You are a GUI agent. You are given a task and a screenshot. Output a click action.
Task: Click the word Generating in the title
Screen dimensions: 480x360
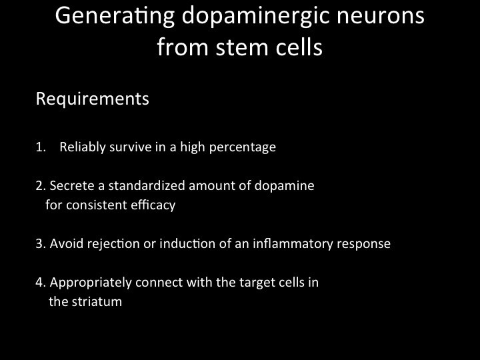(115, 17)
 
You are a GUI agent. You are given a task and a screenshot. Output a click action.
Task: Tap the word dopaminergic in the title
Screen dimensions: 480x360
(255, 17)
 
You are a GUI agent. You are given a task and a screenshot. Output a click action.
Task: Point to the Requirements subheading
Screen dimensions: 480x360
(93, 99)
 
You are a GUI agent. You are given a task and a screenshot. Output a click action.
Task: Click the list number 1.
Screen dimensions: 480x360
(41, 147)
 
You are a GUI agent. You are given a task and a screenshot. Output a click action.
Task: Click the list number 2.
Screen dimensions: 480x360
(41, 186)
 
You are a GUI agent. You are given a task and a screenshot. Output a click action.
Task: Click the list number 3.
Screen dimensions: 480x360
(41, 244)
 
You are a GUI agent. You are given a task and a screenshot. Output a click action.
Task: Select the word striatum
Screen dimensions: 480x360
(97, 302)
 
